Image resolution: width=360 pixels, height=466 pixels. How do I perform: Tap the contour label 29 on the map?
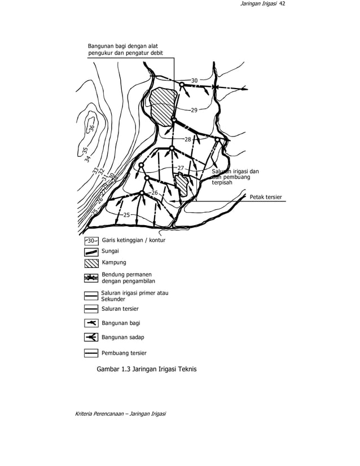(194, 110)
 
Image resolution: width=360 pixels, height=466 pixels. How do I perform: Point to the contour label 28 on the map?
(188, 139)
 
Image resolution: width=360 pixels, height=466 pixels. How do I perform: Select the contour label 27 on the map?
(181, 168)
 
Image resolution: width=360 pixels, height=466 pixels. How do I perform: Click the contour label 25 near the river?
(126, 215)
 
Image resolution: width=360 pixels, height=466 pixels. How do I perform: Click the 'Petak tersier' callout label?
(265, 197)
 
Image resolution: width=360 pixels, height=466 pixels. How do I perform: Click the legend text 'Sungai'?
(110, 251)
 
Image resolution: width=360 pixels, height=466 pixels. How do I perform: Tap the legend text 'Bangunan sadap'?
(123, 337)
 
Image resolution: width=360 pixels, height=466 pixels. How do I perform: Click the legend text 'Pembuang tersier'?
(124, 353)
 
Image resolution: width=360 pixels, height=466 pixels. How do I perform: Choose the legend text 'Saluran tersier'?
(120, 309)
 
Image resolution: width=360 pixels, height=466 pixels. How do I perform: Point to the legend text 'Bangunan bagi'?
(121, 323)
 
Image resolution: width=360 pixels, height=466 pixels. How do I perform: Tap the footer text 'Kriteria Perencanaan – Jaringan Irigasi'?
(120, 415)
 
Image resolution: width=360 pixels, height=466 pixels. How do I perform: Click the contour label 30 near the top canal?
(194, 81)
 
